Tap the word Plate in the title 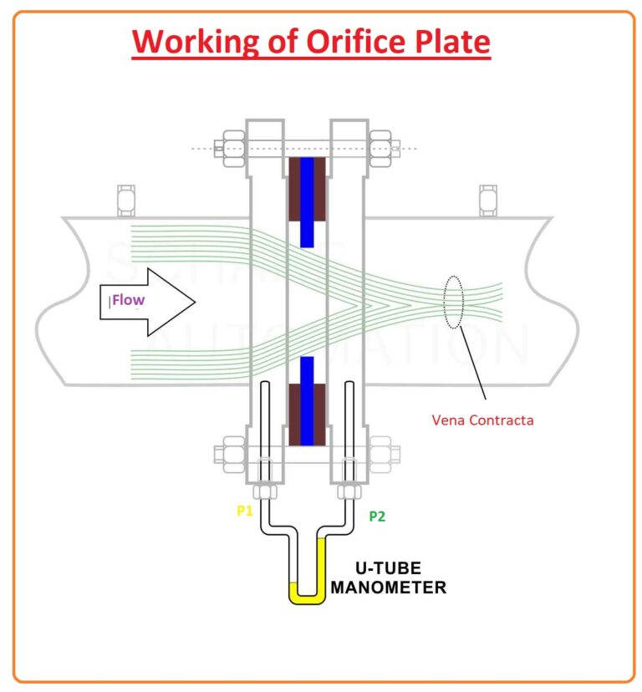point(448,42)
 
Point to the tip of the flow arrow point(194,301)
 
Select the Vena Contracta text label point(482,420)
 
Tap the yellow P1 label point(244,511)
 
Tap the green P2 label point(377,516)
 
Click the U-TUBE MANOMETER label point(388,578)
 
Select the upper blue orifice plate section point(307,201)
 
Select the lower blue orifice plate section point(307,401)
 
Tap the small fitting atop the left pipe point(127,199)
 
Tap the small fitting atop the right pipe point(487,199)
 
